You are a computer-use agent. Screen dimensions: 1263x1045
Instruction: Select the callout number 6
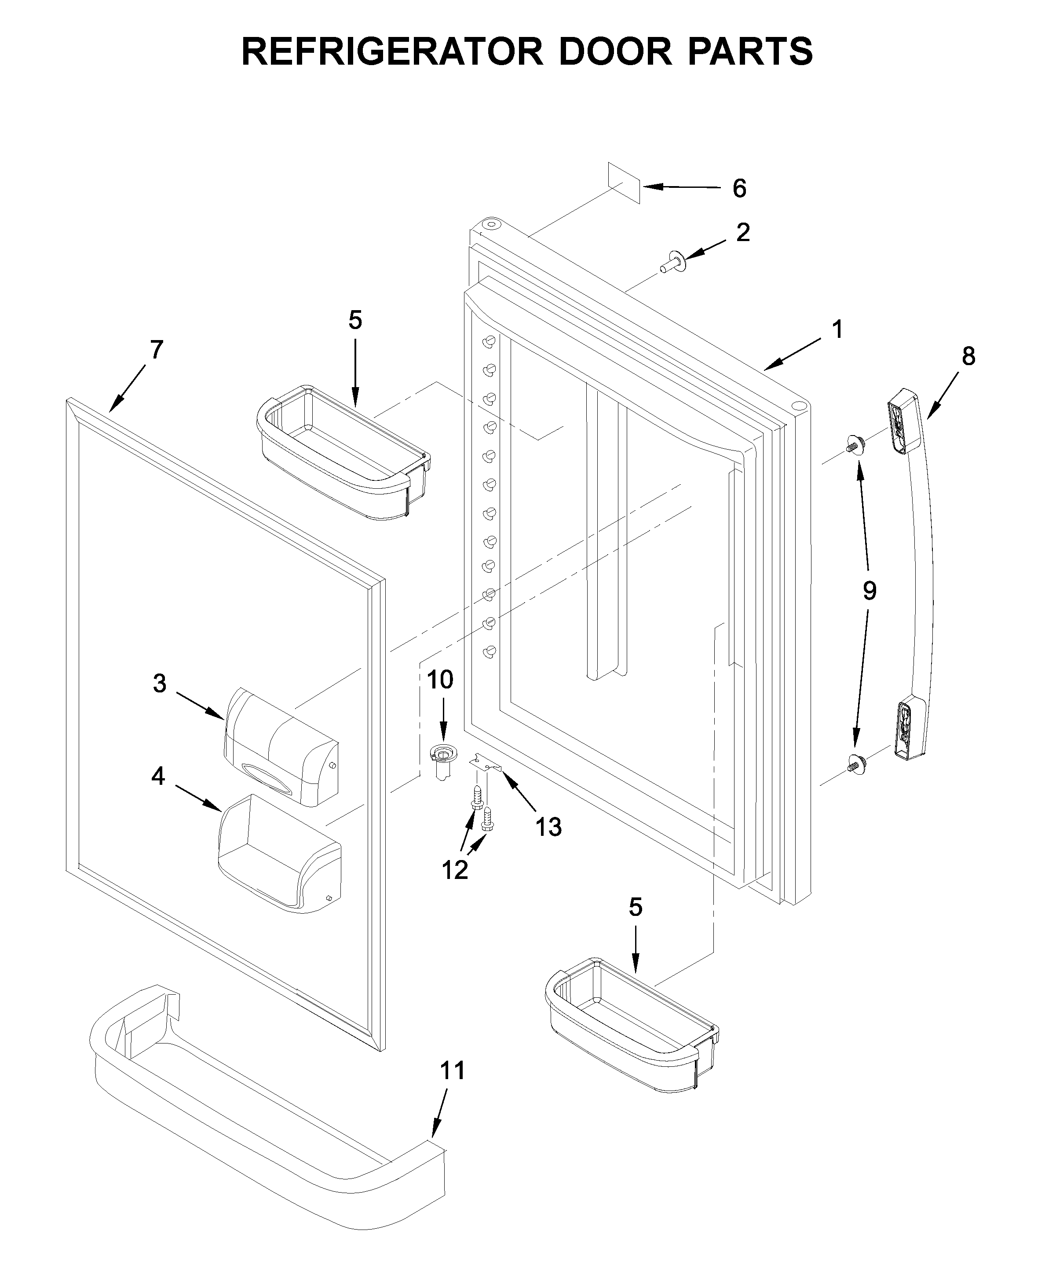click(x=739, y=189)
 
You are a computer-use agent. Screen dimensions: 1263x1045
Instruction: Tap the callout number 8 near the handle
click(x=968, y=357)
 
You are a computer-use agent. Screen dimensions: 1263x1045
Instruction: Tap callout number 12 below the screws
click(x=455, y=870)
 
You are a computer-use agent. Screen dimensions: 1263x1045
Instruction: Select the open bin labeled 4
click(x=280, y=853)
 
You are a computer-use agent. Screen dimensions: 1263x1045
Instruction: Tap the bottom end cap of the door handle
click(x=910, y=729)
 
